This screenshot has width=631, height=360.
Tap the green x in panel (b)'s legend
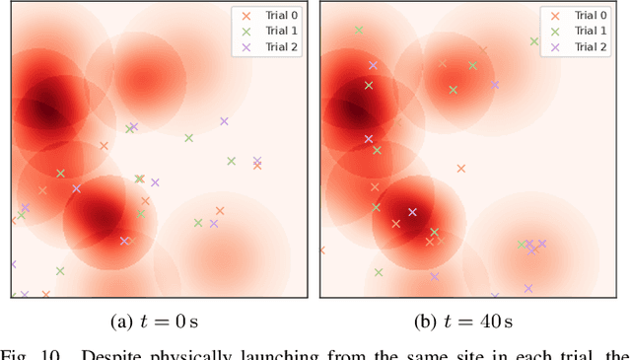click(556, 31)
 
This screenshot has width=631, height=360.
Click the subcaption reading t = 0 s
click(158, 322)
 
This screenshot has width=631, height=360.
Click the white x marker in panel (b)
click(412, 212)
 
